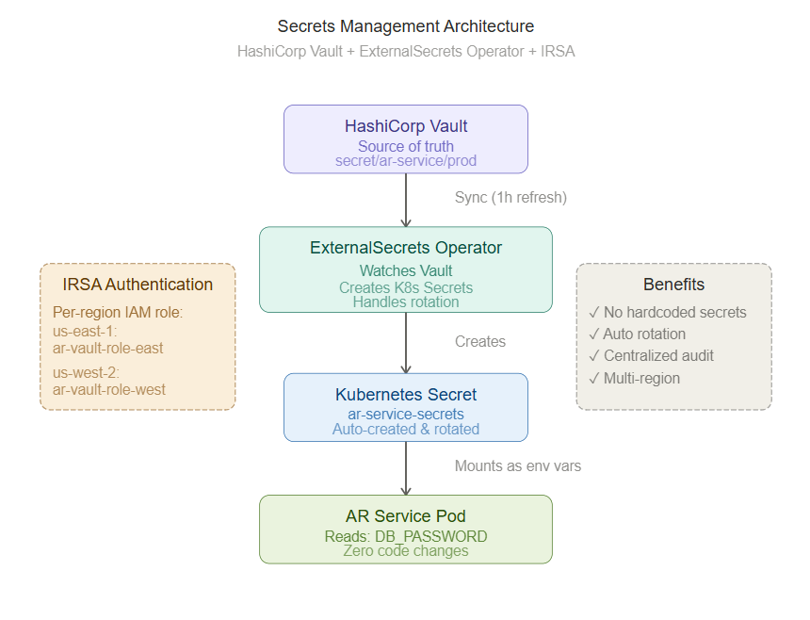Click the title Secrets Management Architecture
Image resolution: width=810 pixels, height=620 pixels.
coord(406,26)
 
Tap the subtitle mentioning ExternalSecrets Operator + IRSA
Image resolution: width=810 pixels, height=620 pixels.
coord(406,52)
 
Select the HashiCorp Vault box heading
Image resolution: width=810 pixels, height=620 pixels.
coord(406,126)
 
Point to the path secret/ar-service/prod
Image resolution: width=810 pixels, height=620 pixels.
coord(406,161)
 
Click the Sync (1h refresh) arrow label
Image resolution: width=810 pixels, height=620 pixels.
coord(510,197)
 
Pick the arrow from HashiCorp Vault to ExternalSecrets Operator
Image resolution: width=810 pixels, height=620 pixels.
coord(406,200)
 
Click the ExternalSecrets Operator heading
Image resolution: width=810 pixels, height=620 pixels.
coord(406,248)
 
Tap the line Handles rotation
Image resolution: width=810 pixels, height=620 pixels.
coord(406,302)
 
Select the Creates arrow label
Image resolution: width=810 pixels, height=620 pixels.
coord(480,341)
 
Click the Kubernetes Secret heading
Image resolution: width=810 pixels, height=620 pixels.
coord(406,395)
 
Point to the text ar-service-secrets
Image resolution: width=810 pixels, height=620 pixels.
coord(406,414)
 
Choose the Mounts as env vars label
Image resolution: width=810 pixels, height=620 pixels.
coord(518,466)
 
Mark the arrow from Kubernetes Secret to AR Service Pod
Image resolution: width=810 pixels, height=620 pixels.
coord(406,468)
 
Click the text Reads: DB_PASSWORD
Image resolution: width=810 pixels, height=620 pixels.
coord(406,537)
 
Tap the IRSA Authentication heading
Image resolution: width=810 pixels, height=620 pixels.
coord(138,285)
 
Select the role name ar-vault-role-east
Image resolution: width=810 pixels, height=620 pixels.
coord(107,349)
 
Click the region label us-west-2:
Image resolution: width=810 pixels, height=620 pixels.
coord(86,372)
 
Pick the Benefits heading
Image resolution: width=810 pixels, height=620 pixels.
coord(673,285)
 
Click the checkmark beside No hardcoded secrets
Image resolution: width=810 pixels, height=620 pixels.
coord(594,312)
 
